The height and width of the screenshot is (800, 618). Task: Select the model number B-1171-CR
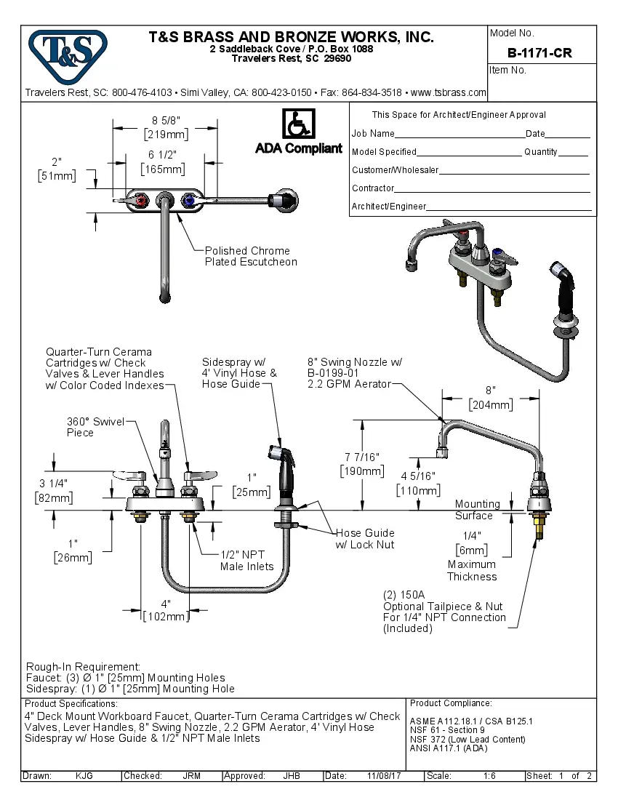tap(539, 53)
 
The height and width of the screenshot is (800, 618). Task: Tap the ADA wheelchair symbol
tap(298, 124)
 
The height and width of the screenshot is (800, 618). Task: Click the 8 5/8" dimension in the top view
tap(166, 127)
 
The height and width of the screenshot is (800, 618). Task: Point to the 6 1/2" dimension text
tap(163, 161)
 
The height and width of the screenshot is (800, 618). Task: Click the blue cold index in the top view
tap(190, 200)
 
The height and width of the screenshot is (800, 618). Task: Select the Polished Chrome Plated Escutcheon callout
tap(250, 256)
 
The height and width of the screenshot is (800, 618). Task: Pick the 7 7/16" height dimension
tap(362, 463)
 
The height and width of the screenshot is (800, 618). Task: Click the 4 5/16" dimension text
tap(417, 482)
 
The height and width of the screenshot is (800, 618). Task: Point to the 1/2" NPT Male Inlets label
tap(247, 561)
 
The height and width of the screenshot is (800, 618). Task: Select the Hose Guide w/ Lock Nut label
tap(364, 538)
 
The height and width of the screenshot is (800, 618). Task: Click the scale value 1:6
tap(489, 776)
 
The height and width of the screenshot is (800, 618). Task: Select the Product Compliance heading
tap(451, 703)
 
